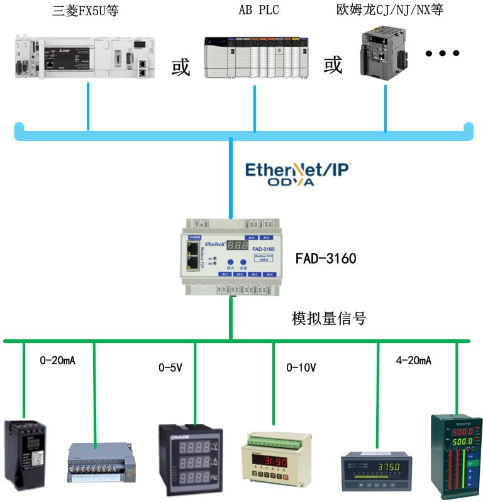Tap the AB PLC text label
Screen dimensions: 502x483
pyautogui.click(x=258, y=11)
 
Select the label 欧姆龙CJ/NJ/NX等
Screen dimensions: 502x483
pyautogui.click(x=399, y=11)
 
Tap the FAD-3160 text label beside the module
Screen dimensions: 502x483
pyautogui.click(x=326, y=258)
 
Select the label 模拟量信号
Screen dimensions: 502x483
pyautogui.click(x=328, y=319)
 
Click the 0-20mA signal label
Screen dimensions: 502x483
pyautogui.click(x=58, y=361)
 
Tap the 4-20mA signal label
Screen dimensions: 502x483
pyautogui.click(x=413, y=361)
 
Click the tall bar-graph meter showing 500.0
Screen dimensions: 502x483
pyautogui.click(x=453, y=455)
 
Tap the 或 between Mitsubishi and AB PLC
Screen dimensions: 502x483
pyautogui.click(x=181, y=68)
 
